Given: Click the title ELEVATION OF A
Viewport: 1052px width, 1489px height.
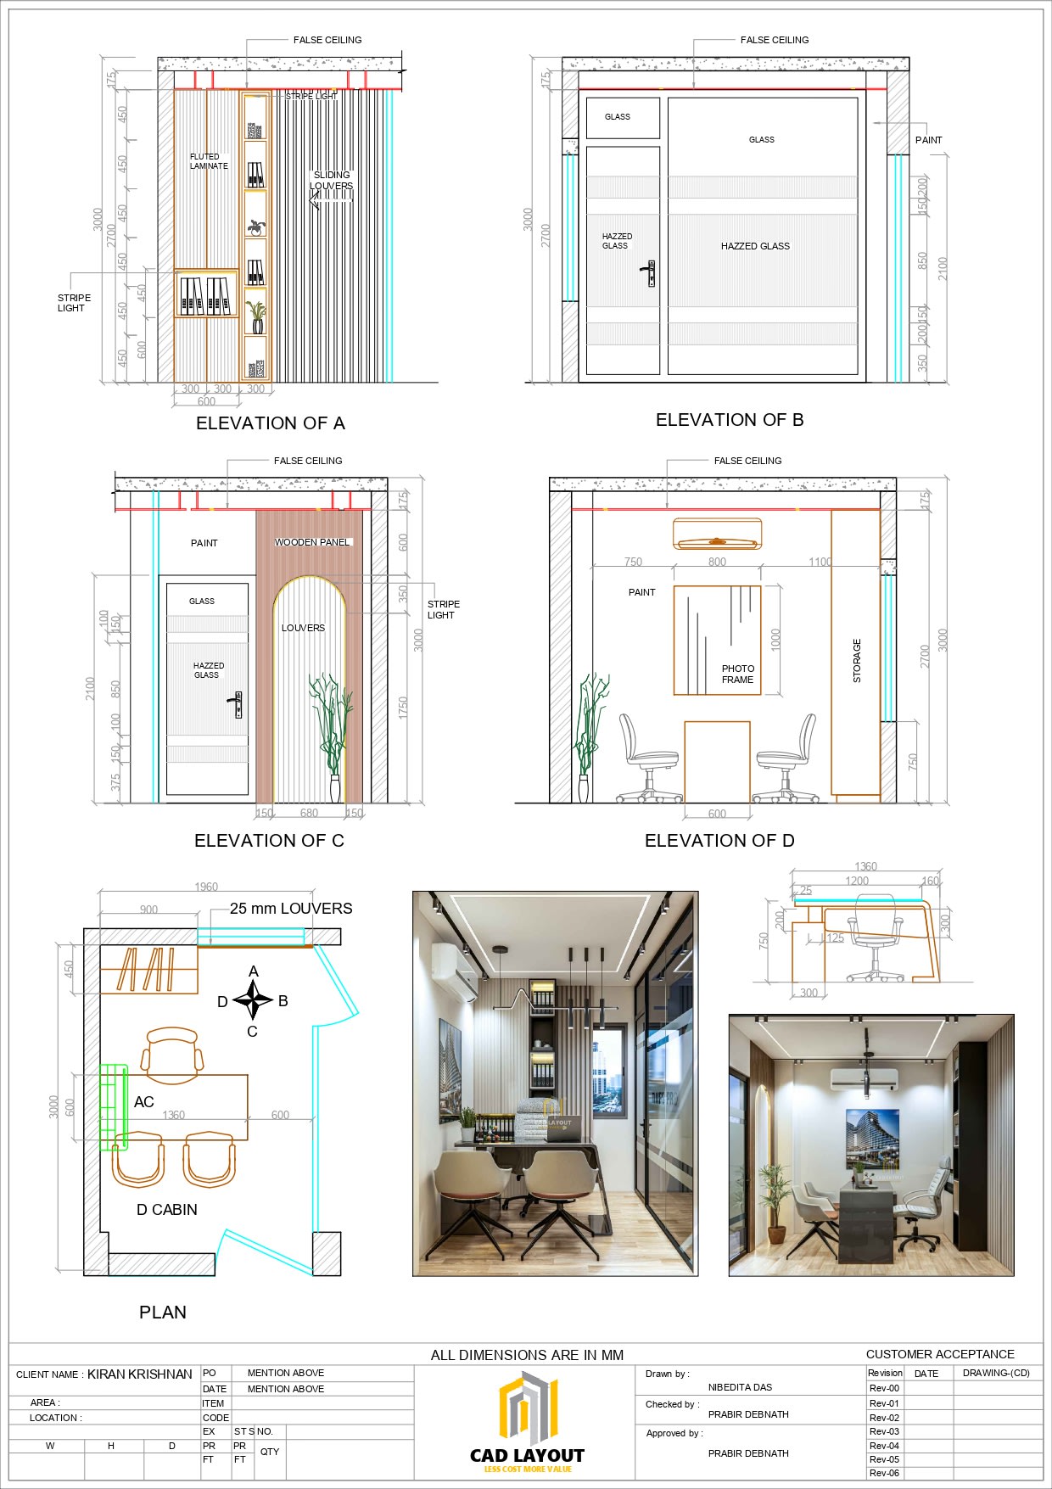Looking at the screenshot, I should (x=270, y=423).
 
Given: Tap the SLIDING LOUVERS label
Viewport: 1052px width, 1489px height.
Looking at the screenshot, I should (x=331, y=181).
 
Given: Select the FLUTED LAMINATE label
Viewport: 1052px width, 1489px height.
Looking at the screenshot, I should (x=209, y=161).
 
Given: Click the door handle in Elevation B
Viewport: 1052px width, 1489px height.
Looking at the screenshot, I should (x=649, y=273).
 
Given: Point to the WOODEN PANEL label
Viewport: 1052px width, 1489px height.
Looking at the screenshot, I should (x=311, y=542).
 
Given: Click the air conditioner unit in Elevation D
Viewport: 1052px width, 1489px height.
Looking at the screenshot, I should (x=717, y=534).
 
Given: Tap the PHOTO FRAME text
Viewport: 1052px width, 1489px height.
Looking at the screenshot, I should (x=737, y=675).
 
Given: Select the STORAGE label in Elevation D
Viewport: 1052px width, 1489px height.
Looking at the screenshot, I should (x=857, y=661).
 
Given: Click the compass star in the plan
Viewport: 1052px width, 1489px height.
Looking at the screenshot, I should (x=253, y=1000).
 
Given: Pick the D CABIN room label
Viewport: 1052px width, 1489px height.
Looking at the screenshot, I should (x=167, y=1210).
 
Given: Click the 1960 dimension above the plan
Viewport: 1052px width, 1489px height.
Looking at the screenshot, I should (x=206, y=887).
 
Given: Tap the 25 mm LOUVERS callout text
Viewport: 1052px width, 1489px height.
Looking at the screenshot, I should (x=291, y=909).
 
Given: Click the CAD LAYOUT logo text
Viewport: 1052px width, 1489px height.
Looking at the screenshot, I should (x=527, y=1456).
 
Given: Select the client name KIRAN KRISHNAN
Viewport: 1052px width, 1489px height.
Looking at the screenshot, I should (x=140, y=1374).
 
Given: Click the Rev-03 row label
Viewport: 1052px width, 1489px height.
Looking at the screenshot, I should (x=884, y=1431).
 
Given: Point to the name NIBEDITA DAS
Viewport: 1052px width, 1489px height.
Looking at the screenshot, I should (x=740, y=1387).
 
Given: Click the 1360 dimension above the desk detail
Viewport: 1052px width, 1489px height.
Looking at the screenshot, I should (x=865, y=866).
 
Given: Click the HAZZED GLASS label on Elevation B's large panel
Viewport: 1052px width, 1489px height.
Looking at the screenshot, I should (x=755, y=246).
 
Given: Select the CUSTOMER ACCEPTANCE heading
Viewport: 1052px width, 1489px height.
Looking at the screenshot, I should (x=940, y=1354).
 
